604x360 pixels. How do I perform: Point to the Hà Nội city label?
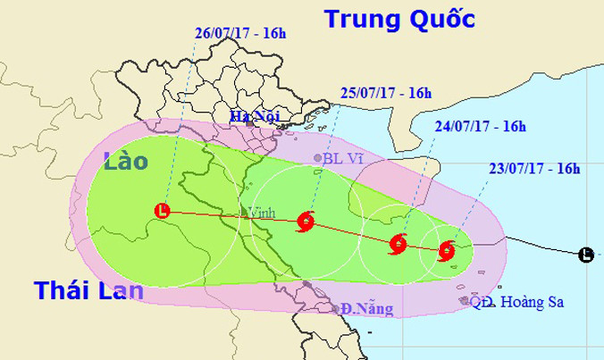(250, 115)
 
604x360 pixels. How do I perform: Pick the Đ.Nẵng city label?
(367, 308)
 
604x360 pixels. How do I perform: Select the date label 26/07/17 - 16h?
(238, 35)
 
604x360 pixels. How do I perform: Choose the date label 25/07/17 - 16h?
(386, 92)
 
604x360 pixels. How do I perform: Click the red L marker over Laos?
(162, 212)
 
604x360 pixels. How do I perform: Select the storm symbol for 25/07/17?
(306, 222)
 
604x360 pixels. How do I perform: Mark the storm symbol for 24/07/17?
(398, 243)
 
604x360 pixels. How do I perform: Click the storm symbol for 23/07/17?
(448, 251)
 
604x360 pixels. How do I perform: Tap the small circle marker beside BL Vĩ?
(318, 159)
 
